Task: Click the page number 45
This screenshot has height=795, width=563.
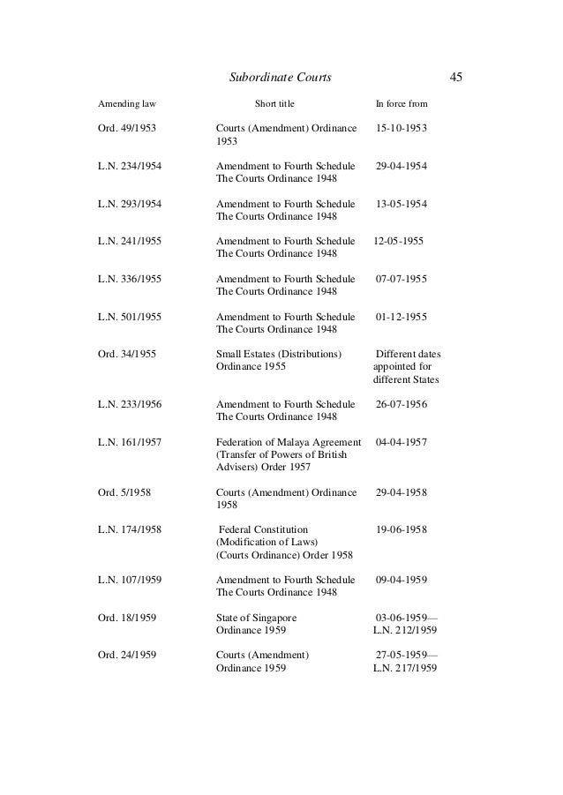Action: (x=456, y=78)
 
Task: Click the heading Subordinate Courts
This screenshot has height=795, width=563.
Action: (x=280, y=78)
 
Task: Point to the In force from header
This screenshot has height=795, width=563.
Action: (x=402, y=104)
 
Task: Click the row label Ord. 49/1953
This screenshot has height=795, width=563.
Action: (x=127, y=129)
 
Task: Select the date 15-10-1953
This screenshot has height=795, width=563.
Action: (x=402, y=129)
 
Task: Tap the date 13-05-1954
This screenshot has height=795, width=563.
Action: (x=402, y=205)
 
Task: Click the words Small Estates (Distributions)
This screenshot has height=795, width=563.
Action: (x=279, y=355)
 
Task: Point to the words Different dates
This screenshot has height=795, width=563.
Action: (x=409, y=355)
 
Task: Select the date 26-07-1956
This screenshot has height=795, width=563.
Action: (x=402, y=404)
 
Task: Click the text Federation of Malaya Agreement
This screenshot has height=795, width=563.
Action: (x=289, y=442)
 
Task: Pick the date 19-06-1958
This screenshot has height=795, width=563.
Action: (x=402, y=529)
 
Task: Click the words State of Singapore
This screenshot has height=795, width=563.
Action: (x=257, y=617)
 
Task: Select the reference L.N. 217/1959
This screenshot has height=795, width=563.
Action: (x=405, y=668)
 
